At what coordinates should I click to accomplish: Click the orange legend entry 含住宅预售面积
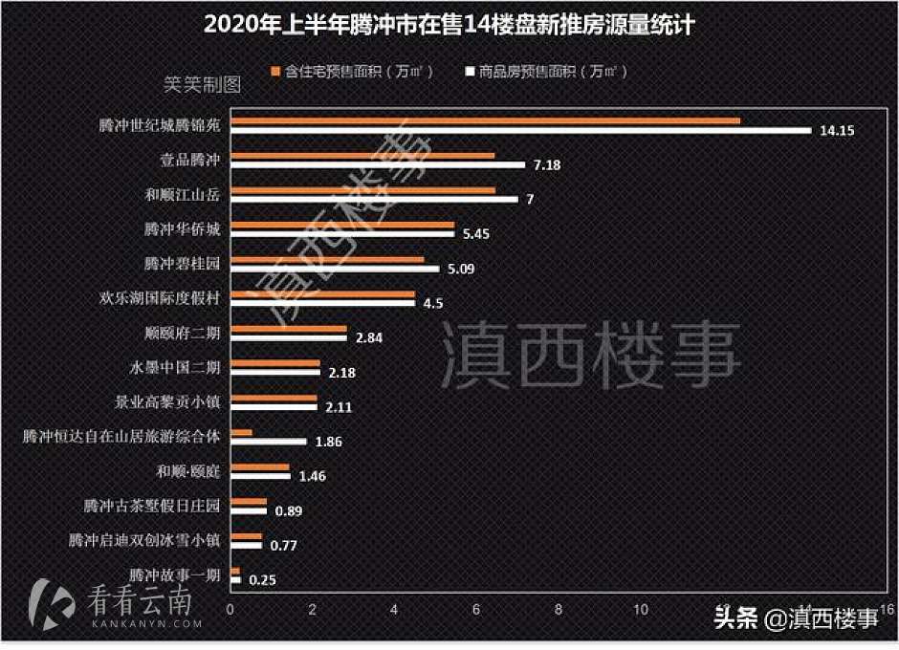coord(353,72)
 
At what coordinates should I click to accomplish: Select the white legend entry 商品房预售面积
coord(546,72)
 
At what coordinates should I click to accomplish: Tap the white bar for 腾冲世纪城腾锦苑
coord(520,131)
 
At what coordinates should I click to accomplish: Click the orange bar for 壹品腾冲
coord(362,155)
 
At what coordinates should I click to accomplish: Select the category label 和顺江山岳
coord(181,195)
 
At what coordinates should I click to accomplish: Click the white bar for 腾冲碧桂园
coord(335,269)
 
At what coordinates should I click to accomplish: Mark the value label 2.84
coord(370,337)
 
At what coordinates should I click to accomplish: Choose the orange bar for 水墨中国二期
coord(275,363)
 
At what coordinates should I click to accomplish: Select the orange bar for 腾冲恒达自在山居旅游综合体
coord(241,432)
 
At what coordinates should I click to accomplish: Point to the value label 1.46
coord(314,475)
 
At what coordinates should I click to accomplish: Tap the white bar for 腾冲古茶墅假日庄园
coord(249,510)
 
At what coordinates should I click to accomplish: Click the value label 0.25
coord(263,579)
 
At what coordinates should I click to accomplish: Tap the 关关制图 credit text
coord(202,84)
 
